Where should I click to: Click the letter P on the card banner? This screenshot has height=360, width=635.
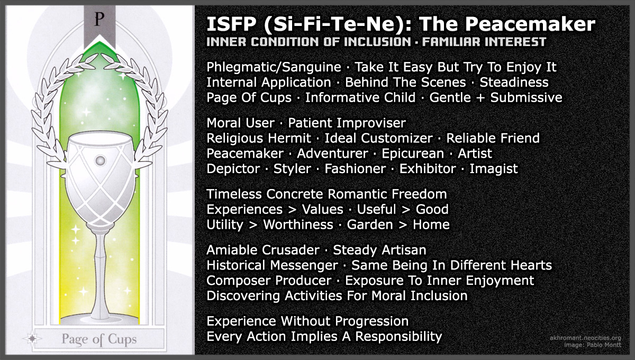97,19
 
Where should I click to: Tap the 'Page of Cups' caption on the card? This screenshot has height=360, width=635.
99,339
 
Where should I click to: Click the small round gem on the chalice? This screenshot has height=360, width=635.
99,160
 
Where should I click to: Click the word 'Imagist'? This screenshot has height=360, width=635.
493,169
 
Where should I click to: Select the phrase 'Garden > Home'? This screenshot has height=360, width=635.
398,224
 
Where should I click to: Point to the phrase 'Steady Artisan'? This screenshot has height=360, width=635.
379,249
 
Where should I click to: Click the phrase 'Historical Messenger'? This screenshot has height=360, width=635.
272,265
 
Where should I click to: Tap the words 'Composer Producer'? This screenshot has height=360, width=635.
269,280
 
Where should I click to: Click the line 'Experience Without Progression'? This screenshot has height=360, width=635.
307,321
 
